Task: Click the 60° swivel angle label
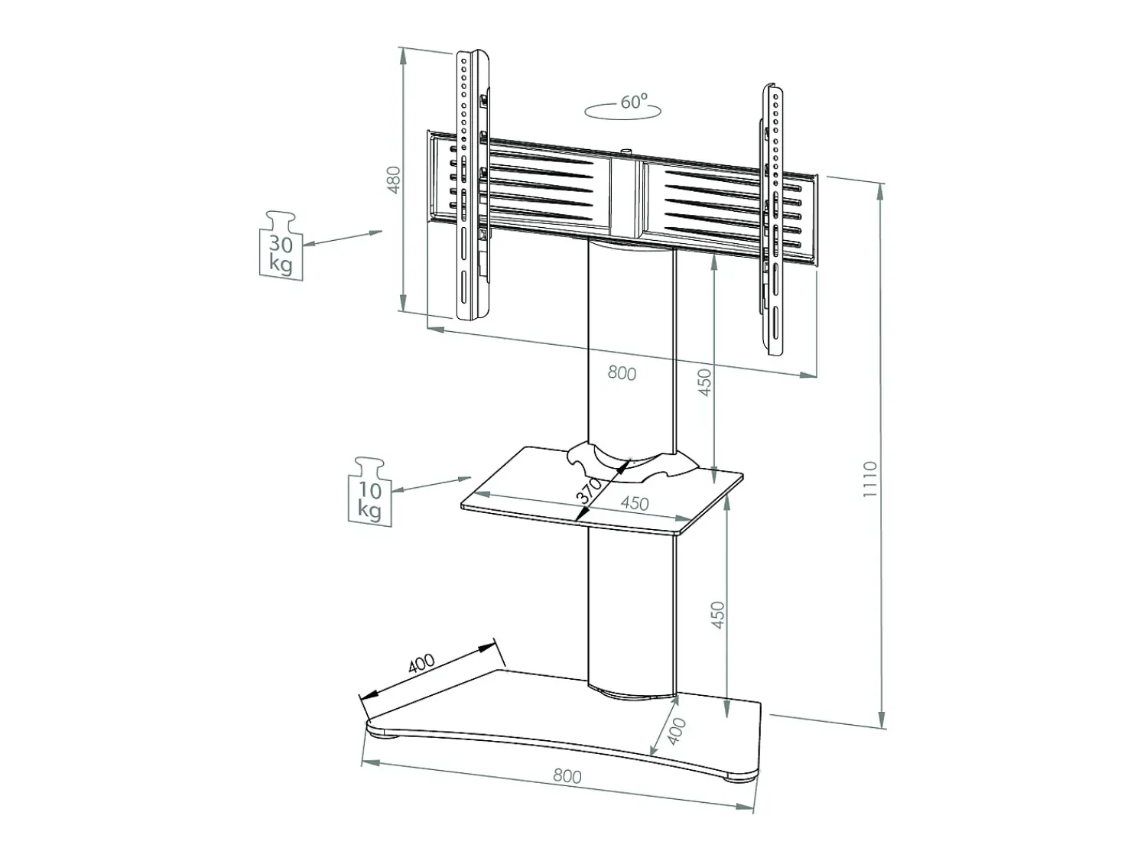[x=634, y=101]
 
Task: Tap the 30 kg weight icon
[x=281, y=245]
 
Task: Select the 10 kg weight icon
[x=370, y=492]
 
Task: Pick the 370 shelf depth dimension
[x=590, y=491]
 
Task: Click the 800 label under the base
[x=567, y=776]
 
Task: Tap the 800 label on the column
[x=622, y=373]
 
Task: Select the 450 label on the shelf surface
[x=635, y=503]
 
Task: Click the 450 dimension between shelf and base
[x=718, y=615]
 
